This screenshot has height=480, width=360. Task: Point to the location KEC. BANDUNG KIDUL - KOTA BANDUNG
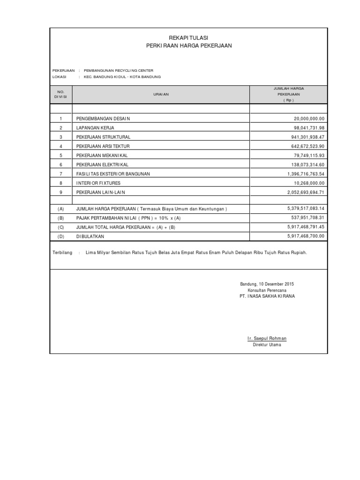coord(122,76)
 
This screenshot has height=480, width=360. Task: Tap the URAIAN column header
coord(161,94)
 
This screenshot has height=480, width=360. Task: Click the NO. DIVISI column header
coord(60,94)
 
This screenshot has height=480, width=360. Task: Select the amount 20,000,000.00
coord(309,119)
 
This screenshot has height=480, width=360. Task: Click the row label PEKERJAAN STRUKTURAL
coord(103,137)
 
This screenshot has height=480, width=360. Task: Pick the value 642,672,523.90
coord(307,146)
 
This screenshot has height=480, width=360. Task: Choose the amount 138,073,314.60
coord(307,165)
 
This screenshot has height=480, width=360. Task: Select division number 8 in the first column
coord(60,183)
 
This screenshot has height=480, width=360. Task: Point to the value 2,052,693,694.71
coord(306,192)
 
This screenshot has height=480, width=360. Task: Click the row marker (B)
coord(60,218)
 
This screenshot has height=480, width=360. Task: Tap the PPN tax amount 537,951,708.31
coord(307,217)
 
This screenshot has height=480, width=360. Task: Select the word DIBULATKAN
coord(90,236)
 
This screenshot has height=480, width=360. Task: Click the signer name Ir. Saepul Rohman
coord(267,338)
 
